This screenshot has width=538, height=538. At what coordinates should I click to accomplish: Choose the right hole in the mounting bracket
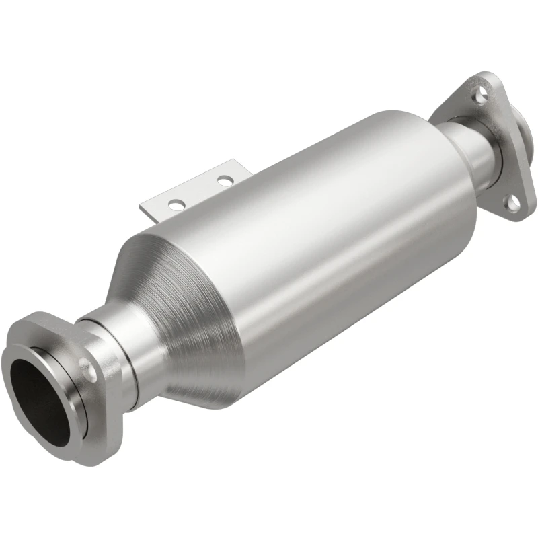(226, 180)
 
